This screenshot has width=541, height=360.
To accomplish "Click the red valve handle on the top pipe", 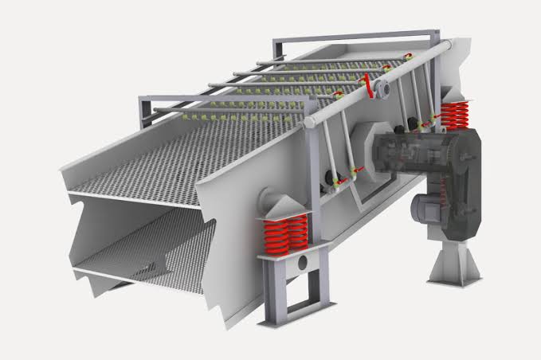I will point(367,82).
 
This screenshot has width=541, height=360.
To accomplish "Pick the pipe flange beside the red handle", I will point(382,89).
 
